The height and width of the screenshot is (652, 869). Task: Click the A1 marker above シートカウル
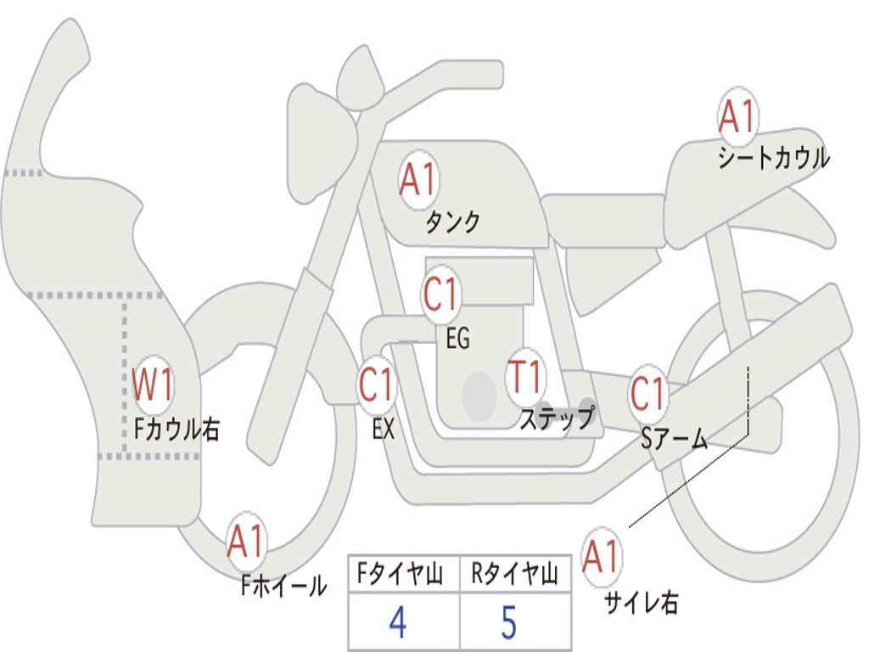737,117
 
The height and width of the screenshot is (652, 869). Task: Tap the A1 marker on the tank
418,180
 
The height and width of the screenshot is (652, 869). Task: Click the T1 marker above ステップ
525,376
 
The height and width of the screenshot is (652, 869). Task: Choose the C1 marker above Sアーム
649,393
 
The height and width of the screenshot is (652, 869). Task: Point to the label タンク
452,222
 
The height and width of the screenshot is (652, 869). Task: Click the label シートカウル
773,159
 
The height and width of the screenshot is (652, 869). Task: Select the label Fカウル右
177,430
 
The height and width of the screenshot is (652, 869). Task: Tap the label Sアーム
675,438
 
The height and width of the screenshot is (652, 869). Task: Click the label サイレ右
641,603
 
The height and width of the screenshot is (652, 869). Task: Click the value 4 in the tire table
397,623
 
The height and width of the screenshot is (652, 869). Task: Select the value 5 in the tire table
508,623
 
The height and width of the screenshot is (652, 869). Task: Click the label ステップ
556,419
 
